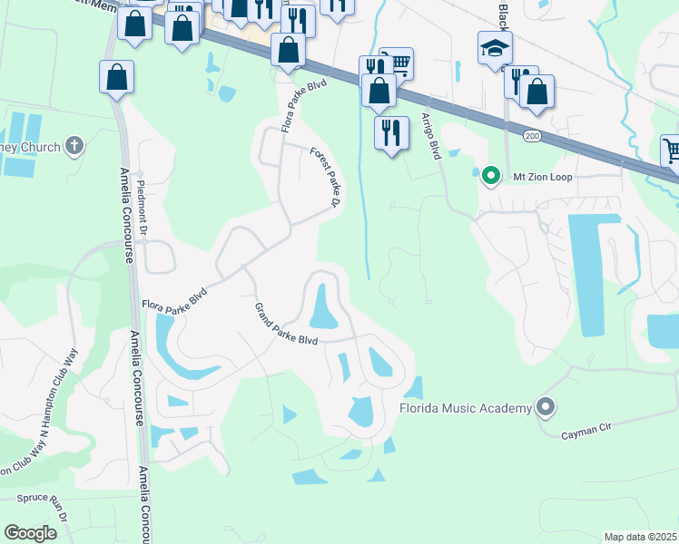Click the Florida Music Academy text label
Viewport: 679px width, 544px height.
tap(465, 408)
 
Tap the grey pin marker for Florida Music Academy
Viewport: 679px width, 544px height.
tap(546, 408)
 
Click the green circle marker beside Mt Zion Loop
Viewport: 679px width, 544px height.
tap(490, 176)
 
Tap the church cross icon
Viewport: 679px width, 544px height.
tap(74, 146)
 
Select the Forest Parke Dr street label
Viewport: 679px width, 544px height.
tap(324, 178)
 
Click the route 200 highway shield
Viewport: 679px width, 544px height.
tap(531, 134)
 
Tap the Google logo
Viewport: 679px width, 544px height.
tap(31, 532)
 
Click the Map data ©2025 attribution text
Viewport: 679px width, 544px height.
tap(640, 537)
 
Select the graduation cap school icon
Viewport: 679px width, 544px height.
tap(495, 47)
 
